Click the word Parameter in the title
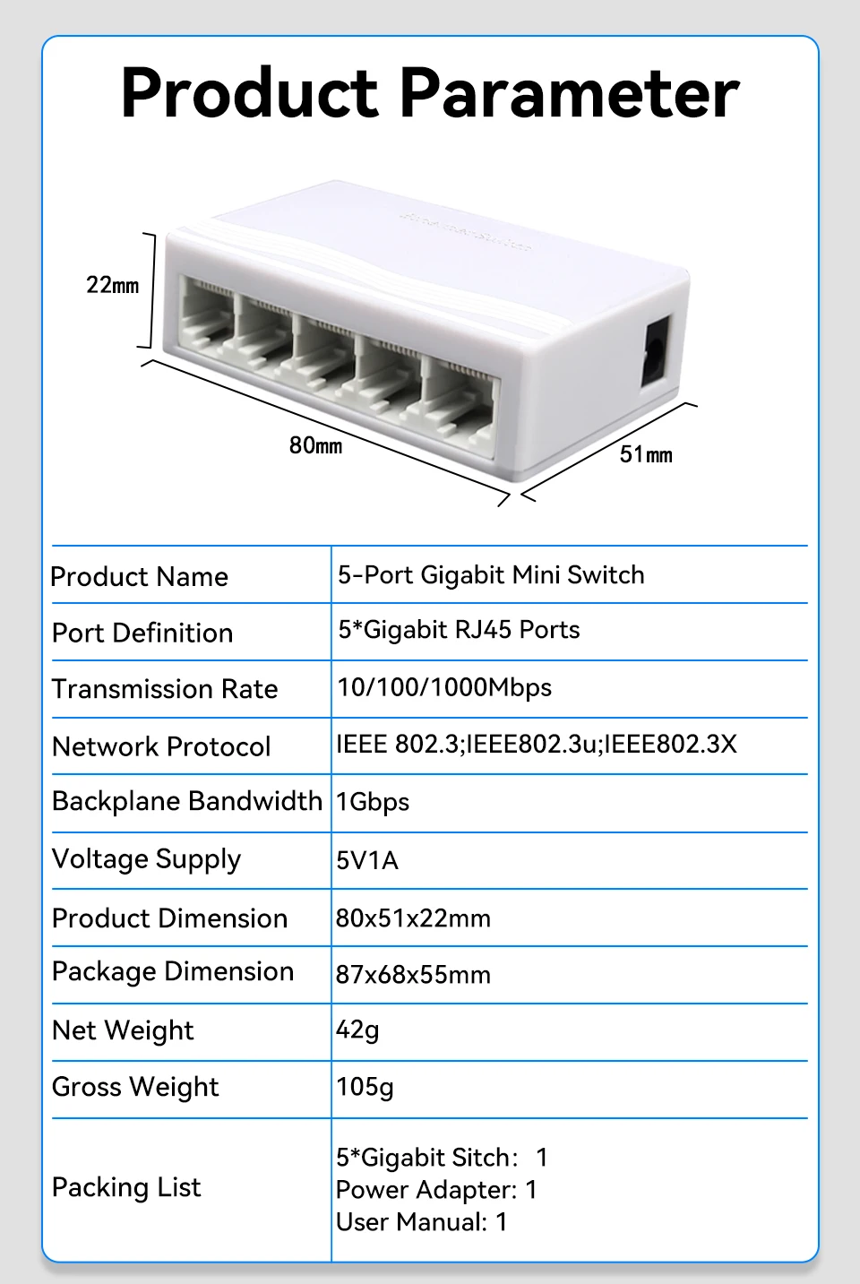pos(570,93)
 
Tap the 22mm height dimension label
pos(112,285)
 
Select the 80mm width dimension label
pos(315,445)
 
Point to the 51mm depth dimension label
pos(646,454)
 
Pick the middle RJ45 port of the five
pos(324,352)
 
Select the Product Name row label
pos(140,577)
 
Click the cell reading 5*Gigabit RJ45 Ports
pos(459,630)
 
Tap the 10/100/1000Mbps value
pos(444,688)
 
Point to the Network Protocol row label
pos(161,746)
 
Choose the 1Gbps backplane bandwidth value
pos(373,802)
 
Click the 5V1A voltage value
pos(367,860)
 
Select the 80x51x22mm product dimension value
pos(413,918)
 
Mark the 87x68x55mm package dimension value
pos(413,975)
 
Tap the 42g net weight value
pos(357,1030)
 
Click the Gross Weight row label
pos(135,1087)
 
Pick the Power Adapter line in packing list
pos(436,1189)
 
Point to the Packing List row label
pos(126,1187)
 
